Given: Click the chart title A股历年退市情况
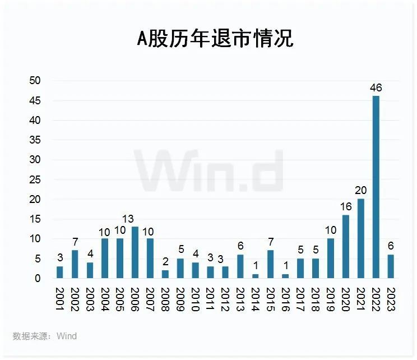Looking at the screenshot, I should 215,39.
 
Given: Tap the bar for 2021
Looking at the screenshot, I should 360,238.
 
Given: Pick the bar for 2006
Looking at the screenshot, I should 135,252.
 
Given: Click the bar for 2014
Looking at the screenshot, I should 256,276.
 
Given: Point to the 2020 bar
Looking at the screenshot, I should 346,246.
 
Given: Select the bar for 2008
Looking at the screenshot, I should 165,274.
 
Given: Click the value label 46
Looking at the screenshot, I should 376,87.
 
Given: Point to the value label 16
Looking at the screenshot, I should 346,206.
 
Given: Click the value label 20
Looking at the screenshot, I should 360,191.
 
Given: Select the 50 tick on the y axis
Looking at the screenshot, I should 35,81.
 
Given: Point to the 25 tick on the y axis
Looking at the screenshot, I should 35,179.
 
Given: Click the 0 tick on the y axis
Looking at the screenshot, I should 38,278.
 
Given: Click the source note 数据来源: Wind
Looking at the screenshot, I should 44,336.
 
